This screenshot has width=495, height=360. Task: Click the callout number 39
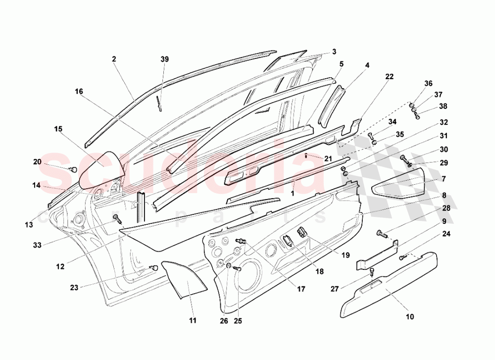(x=165, y=59)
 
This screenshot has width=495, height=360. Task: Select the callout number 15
(x=58, y=129)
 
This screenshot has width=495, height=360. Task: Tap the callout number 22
(x=389, y=77)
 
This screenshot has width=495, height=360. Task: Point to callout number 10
(x=410, y=317)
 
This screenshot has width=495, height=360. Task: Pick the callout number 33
(x=37, y=245)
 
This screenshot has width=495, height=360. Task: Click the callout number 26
(x=224, y=321)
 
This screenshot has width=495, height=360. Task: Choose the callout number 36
(x=428, y=83)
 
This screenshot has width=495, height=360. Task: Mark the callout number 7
(x=444, y=179)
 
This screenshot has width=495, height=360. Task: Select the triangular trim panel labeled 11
(x=184, y=279)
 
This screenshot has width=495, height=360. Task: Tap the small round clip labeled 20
(x=74, y=169)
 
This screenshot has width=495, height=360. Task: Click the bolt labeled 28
(x=382, y=234)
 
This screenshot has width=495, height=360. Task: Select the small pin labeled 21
(x=306, y=155)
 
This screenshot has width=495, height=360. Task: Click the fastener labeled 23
(x=154, y=267)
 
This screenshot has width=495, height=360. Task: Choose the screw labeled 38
(x=417, y=115)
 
